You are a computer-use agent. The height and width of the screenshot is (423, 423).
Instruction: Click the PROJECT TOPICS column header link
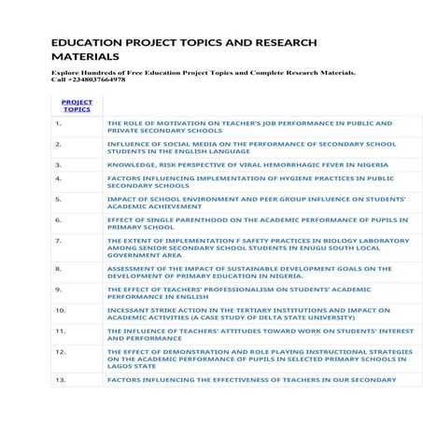(77, 106)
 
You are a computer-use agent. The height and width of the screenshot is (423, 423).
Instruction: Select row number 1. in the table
(59, 122)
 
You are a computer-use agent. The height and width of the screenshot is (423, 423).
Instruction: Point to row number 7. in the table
(59, 240)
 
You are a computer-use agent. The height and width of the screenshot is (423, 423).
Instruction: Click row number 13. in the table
(61, 379)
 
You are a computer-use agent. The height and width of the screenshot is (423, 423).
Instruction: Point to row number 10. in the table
(61, 309)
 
